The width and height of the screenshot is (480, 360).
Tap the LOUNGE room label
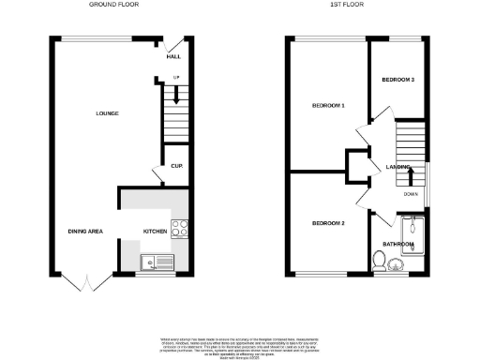pos(107,113)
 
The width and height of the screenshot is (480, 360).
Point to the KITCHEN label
pos(154,231)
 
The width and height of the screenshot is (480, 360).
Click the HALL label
pos(173,57)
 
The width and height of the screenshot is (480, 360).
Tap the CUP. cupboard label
pos(175,166)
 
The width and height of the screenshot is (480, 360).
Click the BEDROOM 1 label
pos(329,106)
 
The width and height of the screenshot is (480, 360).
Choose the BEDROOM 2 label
pos(329,223)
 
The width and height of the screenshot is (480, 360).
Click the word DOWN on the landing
pos(411,194)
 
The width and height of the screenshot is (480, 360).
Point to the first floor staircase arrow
pos(410,174)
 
